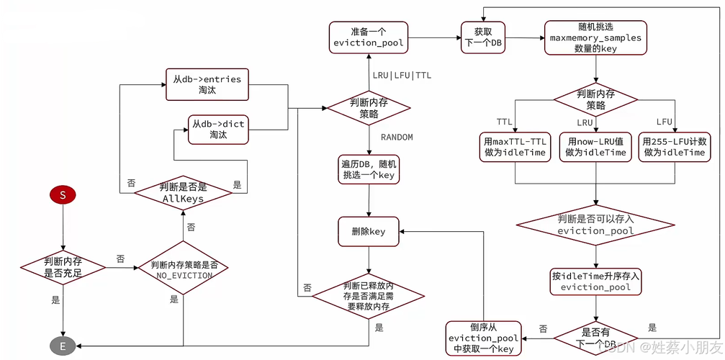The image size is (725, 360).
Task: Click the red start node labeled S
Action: pyautogui.click(x=63, y=195)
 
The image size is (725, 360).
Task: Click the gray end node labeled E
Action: pyautogui.click(x=63, y=346)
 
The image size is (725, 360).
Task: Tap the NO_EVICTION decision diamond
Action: pyautogui.click(x=184, y=269)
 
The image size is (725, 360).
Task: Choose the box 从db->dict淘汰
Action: pyautogui.click(x=217, y=130)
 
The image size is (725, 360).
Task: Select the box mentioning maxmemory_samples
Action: pyautogui.click(x=595, y=37)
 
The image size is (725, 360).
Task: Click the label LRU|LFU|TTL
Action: pyautogui.click(x=402, y=75)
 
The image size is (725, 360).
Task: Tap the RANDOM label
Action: pyautogui.click(x=397, y=137)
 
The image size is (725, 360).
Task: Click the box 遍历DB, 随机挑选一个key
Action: pyautogui.click(x=369, y=170)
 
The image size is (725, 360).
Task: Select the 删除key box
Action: pyautogui.click(x=369, y=231)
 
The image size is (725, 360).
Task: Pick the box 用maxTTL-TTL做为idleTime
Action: pyautogui.click(x=515, y=147)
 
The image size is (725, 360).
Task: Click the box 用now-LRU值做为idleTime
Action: pyautogui.click(x=595, y=147)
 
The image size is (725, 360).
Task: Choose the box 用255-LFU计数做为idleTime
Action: pyautogui.click(x=674, y=147)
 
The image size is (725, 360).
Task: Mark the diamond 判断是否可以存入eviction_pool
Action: pyautogui.click(x=595, y=224)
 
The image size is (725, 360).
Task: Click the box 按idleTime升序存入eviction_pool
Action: pyautogui.click(x=595, y=281)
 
